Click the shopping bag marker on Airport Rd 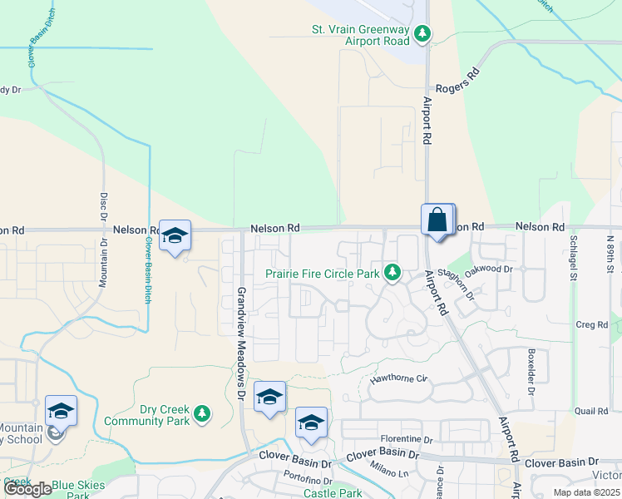[437, 221]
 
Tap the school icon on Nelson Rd [175, 236]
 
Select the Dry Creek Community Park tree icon [201, 413]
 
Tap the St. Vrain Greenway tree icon [423, 33]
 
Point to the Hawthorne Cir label [398, 378]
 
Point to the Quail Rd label [591, 411]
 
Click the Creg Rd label [591, 324]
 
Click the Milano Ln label [390, 470]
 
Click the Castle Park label [333, 493]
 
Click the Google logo [28, 489]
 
